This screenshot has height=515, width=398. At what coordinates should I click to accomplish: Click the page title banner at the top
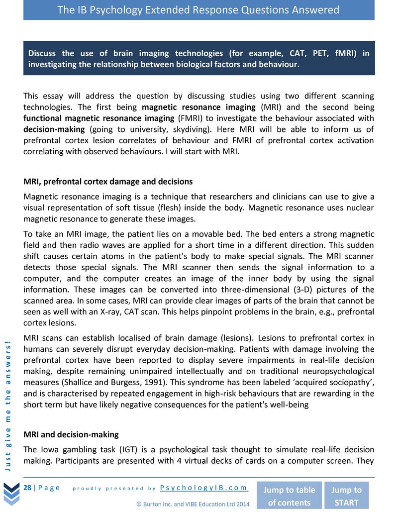pos(199,10)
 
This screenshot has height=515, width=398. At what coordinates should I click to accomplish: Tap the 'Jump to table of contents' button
pos(289,496)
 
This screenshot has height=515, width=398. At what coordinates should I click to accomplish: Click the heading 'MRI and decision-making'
pos(71,434)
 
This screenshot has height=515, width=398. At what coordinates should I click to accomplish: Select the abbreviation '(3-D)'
pos(262,290)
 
